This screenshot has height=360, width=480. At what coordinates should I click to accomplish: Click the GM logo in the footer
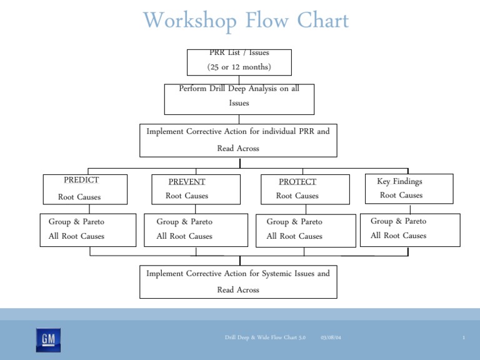point(48,340)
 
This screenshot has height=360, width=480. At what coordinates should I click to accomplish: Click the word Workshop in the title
point(190,21)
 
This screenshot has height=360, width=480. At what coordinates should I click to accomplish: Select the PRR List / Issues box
point(239,61)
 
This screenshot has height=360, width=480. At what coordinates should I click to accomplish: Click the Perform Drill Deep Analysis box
point(239,99)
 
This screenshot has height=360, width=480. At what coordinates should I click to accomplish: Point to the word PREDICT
point(81,180)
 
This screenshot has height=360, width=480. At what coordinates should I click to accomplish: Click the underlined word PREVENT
point(187,182)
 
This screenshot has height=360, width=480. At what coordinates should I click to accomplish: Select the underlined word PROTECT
point(297,182)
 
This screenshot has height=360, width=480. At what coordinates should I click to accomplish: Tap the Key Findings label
point(399,181)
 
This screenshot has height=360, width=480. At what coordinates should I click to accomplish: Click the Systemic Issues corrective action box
point(238,281)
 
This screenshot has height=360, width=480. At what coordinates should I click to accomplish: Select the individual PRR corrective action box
point(238,140)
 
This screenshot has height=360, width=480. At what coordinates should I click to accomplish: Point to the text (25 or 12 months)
point(239,67)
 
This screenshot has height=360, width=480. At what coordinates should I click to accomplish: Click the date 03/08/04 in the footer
point(331,338)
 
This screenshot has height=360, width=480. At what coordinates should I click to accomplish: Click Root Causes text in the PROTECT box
point(297,196)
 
